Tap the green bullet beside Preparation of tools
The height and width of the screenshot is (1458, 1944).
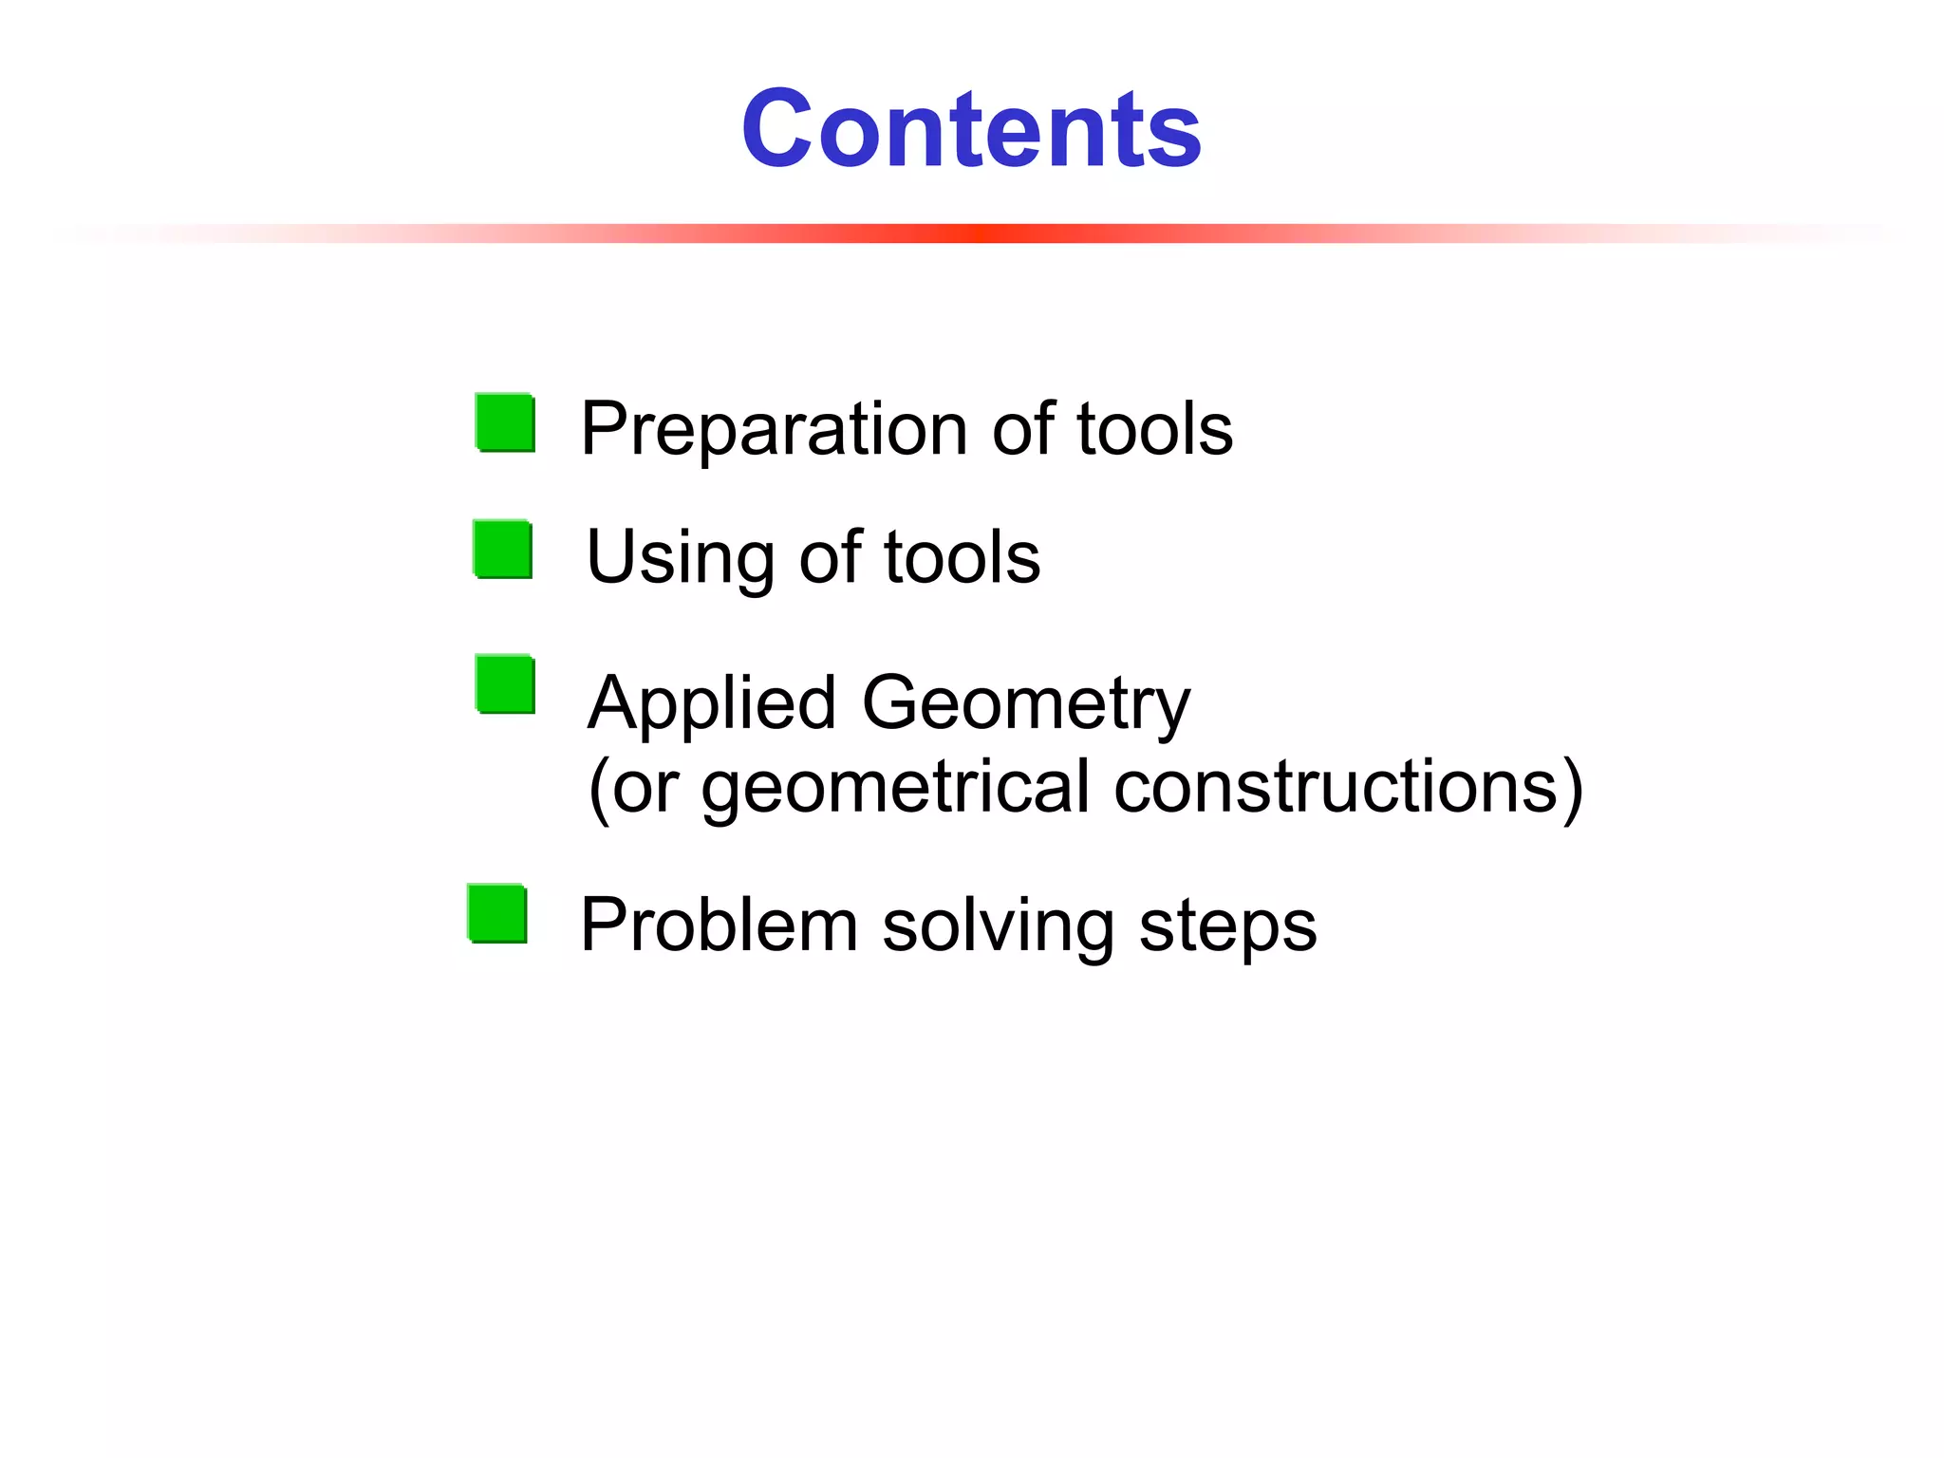click(506, 422)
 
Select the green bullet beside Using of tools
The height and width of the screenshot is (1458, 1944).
click(503, 550)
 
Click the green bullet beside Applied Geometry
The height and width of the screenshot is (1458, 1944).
click(506, 684)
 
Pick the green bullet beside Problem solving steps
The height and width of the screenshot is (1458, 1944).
click(497, 914)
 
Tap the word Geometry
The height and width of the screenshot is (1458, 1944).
click(1025, 704)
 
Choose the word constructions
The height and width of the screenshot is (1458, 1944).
click(1335, 787)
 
